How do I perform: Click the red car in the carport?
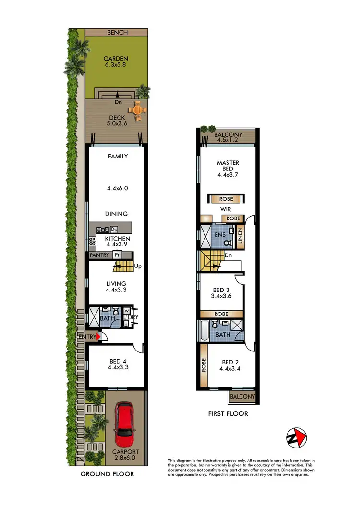125,424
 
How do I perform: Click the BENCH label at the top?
117,32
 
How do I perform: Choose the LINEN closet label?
240,235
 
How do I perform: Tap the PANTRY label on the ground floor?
99,255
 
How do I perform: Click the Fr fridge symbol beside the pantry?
117,255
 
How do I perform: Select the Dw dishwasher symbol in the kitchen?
114,230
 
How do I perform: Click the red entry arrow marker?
98,337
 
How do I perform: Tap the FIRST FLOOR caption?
228,413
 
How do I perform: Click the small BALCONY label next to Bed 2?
242,397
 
